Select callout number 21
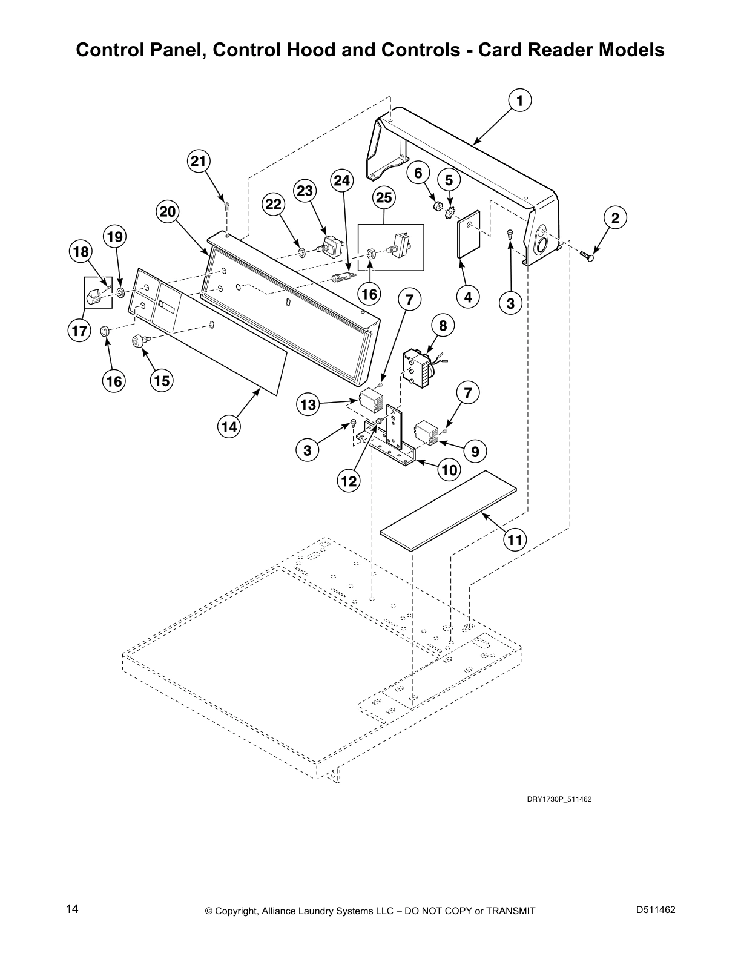199,162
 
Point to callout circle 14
229,427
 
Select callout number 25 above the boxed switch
384,197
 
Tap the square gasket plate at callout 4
469,234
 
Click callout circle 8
443,326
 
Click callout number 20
168,212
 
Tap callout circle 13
308,404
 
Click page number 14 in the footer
71,909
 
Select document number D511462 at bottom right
656,909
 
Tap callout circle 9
475,451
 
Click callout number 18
81,252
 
